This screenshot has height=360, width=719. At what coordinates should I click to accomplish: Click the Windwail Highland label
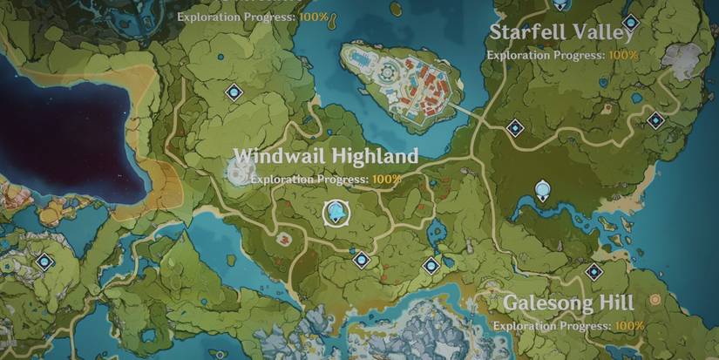coord(325,156)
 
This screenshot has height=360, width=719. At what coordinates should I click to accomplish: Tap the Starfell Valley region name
coord(560,32)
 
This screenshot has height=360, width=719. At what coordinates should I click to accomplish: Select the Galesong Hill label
coord(569,303)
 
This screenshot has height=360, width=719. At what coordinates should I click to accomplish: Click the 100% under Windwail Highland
coord(387,180)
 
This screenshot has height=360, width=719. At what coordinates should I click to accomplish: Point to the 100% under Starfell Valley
coord(623,55)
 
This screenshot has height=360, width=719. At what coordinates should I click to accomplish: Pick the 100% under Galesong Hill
coord(629,326)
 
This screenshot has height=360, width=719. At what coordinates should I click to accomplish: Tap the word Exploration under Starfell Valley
coord(520,55)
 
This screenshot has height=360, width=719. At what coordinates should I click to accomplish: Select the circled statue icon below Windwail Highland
coord(335,212)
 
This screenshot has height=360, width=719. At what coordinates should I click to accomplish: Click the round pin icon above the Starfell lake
coord(543,189)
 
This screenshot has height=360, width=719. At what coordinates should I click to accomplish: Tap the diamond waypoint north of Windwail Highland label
coord(234,91)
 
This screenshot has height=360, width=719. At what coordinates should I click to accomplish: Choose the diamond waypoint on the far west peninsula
coord(44,261)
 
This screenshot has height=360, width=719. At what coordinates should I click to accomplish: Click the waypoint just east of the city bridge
coord(515,128)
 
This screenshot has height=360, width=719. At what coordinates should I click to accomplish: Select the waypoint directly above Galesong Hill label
coord(594,271)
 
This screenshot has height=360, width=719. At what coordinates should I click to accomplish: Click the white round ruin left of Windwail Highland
coord(240,169)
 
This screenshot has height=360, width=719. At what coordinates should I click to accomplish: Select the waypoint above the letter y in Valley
coord(629,21)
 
